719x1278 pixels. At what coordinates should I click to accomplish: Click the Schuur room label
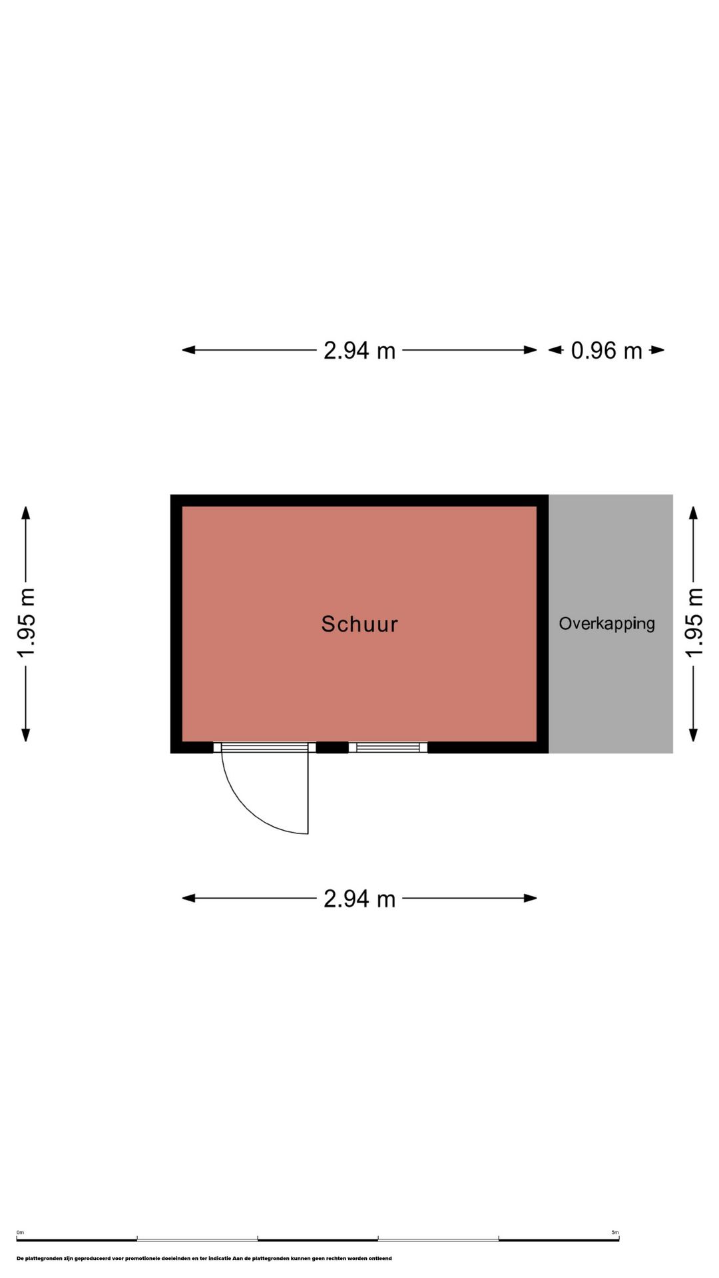[359, 624]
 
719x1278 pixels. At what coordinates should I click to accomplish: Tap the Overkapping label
[606, 624]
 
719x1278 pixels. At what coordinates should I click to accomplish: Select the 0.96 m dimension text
[606, 350]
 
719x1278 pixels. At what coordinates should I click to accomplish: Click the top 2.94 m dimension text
[359, 350]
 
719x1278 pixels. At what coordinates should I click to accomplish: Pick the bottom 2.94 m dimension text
[359, 899]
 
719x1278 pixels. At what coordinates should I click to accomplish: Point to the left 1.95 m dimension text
[26, 623]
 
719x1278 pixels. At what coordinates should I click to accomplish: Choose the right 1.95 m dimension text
[694, 623]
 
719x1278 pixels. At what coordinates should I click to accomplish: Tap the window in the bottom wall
[388, 747]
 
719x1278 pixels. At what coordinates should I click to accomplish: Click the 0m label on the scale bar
[20, 1232]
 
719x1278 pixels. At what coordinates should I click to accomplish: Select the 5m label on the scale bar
[615, 1232]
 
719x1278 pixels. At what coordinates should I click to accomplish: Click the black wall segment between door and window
[332, 747]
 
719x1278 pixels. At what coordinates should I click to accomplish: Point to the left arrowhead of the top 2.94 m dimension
[188, 350]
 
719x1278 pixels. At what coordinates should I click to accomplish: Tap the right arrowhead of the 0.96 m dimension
[658, 350]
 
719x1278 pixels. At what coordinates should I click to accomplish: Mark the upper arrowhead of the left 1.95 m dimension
[26, 513]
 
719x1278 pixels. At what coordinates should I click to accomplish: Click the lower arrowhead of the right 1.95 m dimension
[694, 734]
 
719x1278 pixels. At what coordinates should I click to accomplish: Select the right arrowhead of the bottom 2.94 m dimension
[531, 899]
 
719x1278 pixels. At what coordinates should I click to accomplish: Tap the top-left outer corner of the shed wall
[171, 495]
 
